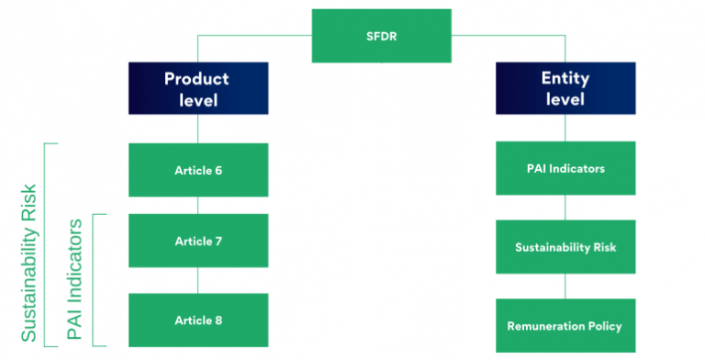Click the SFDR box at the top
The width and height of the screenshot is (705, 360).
point(381,36)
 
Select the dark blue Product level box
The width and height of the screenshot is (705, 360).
point(198,88)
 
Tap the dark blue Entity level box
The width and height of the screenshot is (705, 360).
point(565,88)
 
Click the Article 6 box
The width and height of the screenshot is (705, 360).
point(198,170)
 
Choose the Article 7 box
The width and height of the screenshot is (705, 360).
point(198,242)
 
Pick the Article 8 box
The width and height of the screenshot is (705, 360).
point(198,320)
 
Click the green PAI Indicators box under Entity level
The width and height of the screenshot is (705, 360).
point(565,168)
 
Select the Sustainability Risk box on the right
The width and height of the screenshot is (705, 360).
point(565,247)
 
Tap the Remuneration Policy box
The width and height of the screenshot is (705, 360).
point(565,326)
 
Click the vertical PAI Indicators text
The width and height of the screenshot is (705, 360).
point(75,280)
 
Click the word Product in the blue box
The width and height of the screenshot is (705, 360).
point(196,78)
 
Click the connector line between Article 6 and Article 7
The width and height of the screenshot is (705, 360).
point(198,206)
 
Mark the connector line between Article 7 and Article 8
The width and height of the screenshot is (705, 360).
point(198,280)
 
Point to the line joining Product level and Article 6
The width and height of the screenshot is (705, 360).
point(198,129)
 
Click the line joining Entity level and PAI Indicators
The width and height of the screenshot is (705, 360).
point(565,128)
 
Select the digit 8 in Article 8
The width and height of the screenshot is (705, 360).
point(218,320)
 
